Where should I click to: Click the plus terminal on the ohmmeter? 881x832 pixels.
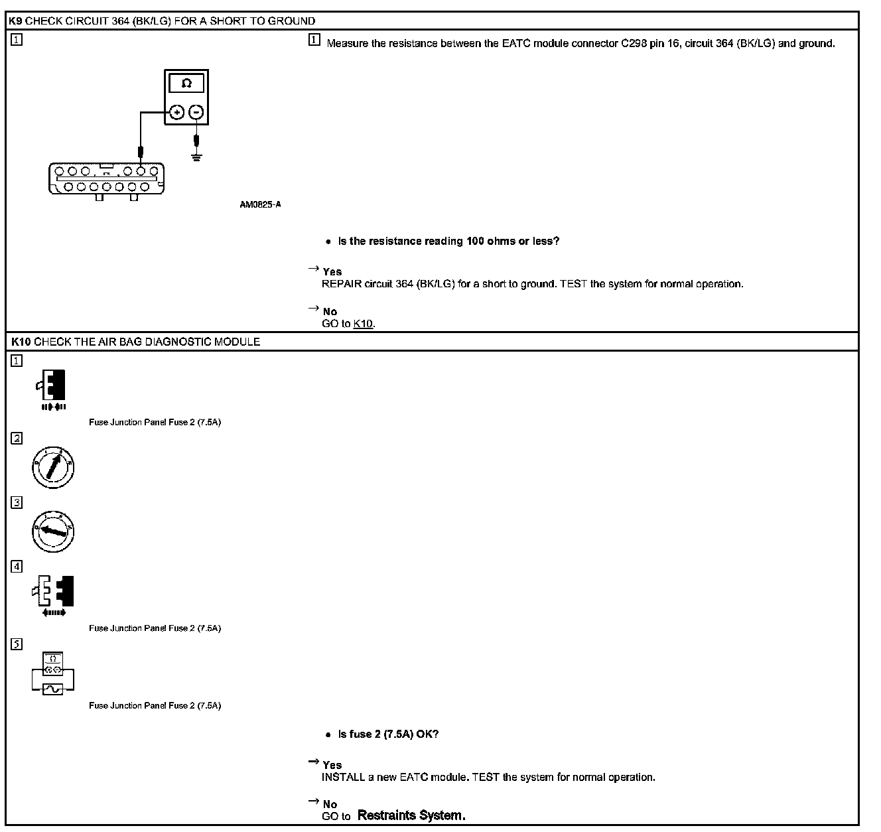tap(176, 112)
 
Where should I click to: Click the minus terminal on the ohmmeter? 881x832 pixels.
tap(196, 112)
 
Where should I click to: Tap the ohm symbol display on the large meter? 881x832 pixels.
tap(186, 84)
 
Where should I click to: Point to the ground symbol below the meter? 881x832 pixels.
tap(196, 157)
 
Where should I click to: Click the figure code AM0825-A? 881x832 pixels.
tap(260, 204)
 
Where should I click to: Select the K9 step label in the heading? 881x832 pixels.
tap(16, 21)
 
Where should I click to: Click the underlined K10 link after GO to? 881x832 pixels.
tap(363, 324)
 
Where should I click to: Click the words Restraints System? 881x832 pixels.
tap(411, 815)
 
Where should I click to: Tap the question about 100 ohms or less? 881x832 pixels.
tap(448, 241)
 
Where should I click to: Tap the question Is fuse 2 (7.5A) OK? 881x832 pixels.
tap(388, 734)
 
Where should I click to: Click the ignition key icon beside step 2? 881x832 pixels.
tap(53, 467)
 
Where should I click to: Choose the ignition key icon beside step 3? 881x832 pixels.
tap(53, 531)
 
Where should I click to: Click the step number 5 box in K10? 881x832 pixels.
tap(17, 644)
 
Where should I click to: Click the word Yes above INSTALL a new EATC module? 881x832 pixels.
tap(332, 765)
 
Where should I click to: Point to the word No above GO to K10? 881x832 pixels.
tap(330, 311)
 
